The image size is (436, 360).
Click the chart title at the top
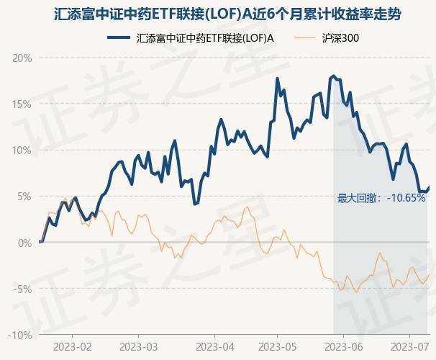217,14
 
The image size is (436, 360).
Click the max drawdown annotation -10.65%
381,198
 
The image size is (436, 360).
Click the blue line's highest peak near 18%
332,76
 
